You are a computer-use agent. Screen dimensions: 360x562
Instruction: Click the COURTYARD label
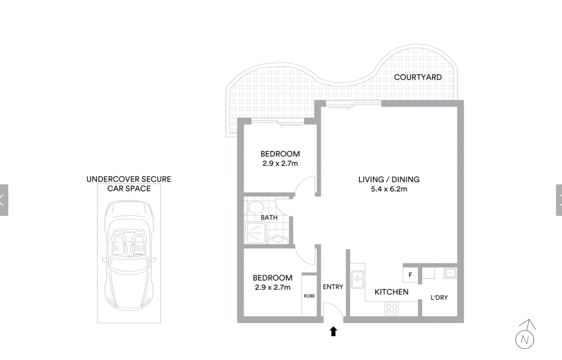click(418, 77)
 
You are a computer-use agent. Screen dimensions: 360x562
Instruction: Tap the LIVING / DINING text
click(389, 179)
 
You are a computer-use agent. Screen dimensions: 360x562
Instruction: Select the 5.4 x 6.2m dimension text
click(389, 189)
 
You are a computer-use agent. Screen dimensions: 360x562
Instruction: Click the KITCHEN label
click(391, 292)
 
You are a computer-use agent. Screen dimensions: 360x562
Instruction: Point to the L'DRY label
click(439, 298)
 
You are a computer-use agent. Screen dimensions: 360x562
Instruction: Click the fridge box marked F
click(410, 275)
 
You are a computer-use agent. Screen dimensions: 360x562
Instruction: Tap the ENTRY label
click(333, 287)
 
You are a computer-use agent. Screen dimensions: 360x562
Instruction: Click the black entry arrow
click(333, 331)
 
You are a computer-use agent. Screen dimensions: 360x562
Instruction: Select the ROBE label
click(309, 296)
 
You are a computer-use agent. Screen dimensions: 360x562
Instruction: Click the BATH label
click(269, 217)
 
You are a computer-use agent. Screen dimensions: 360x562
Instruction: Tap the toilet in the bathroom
click(255, 207)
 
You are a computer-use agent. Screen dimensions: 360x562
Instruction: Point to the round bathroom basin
click(278, 240)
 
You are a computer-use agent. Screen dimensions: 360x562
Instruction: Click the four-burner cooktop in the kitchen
click(392, 309)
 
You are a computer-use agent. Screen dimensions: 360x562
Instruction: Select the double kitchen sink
click(357, 279)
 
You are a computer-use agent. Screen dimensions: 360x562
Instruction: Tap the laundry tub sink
click(450, 273)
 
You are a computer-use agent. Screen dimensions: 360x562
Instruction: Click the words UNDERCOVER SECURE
click(129, 179)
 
